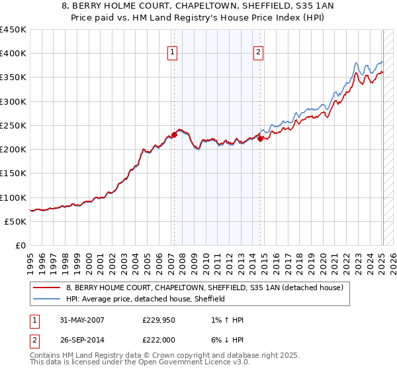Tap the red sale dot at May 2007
click(174, 134)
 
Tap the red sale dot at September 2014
click(261, 138)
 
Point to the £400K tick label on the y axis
click(13, 54)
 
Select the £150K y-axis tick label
click(13, 174)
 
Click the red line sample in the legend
click(46, 288)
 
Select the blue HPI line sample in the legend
click(46, 299)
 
